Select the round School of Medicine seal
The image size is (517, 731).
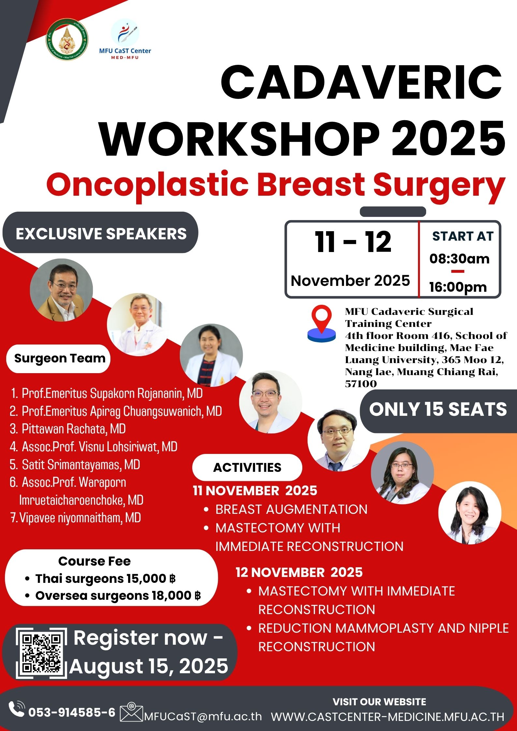67,39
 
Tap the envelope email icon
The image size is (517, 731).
132,712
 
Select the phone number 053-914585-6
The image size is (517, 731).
72,712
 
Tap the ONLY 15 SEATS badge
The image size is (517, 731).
438,410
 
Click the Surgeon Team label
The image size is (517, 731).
60,358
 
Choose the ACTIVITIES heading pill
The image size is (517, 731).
247,467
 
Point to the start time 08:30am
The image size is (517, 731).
459,259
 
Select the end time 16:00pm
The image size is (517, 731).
458,287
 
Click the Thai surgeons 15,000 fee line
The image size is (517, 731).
105,579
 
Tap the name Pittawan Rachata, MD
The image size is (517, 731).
74,429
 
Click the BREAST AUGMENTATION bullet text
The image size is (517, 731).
291,509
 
